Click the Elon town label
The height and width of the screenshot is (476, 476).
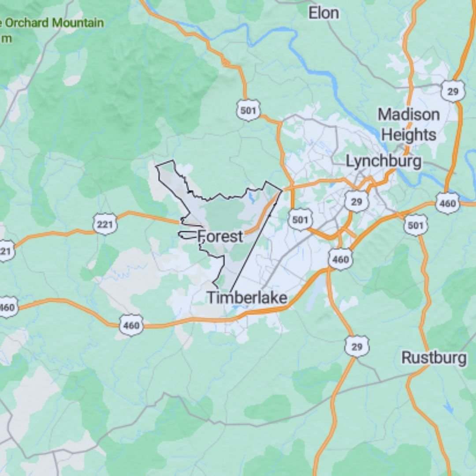[x=324, y=13]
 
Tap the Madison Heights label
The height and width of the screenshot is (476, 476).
[x=409, y=124]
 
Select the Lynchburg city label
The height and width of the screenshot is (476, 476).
[x=383, y=161]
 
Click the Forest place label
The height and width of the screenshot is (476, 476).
[x=220, y=237]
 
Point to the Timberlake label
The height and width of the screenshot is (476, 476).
[x=247, y=297]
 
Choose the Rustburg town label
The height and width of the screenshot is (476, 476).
[x=434, y=358]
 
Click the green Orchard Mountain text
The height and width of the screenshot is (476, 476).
[x=53, y=23]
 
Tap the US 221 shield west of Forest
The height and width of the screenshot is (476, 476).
[x=105, y=225]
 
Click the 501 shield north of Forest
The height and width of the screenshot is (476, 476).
[x=248, y=110]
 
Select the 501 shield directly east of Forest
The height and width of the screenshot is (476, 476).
[x=301, y=219]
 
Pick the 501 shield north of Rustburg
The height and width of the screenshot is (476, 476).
[x=416, y=225]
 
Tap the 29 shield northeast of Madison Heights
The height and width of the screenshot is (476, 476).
[x=453, y=92]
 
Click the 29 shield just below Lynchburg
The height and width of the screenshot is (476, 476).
[x=356, y=202]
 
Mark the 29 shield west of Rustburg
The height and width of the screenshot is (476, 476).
[x=357, y=346]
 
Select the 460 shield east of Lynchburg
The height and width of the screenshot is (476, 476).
[x=447, y=204]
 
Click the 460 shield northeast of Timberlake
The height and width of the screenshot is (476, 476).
[x=340, y=259]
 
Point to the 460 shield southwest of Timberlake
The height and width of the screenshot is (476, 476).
[x=131, y=325]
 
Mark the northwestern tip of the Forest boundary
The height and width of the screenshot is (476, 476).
[x=157, y=166]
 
